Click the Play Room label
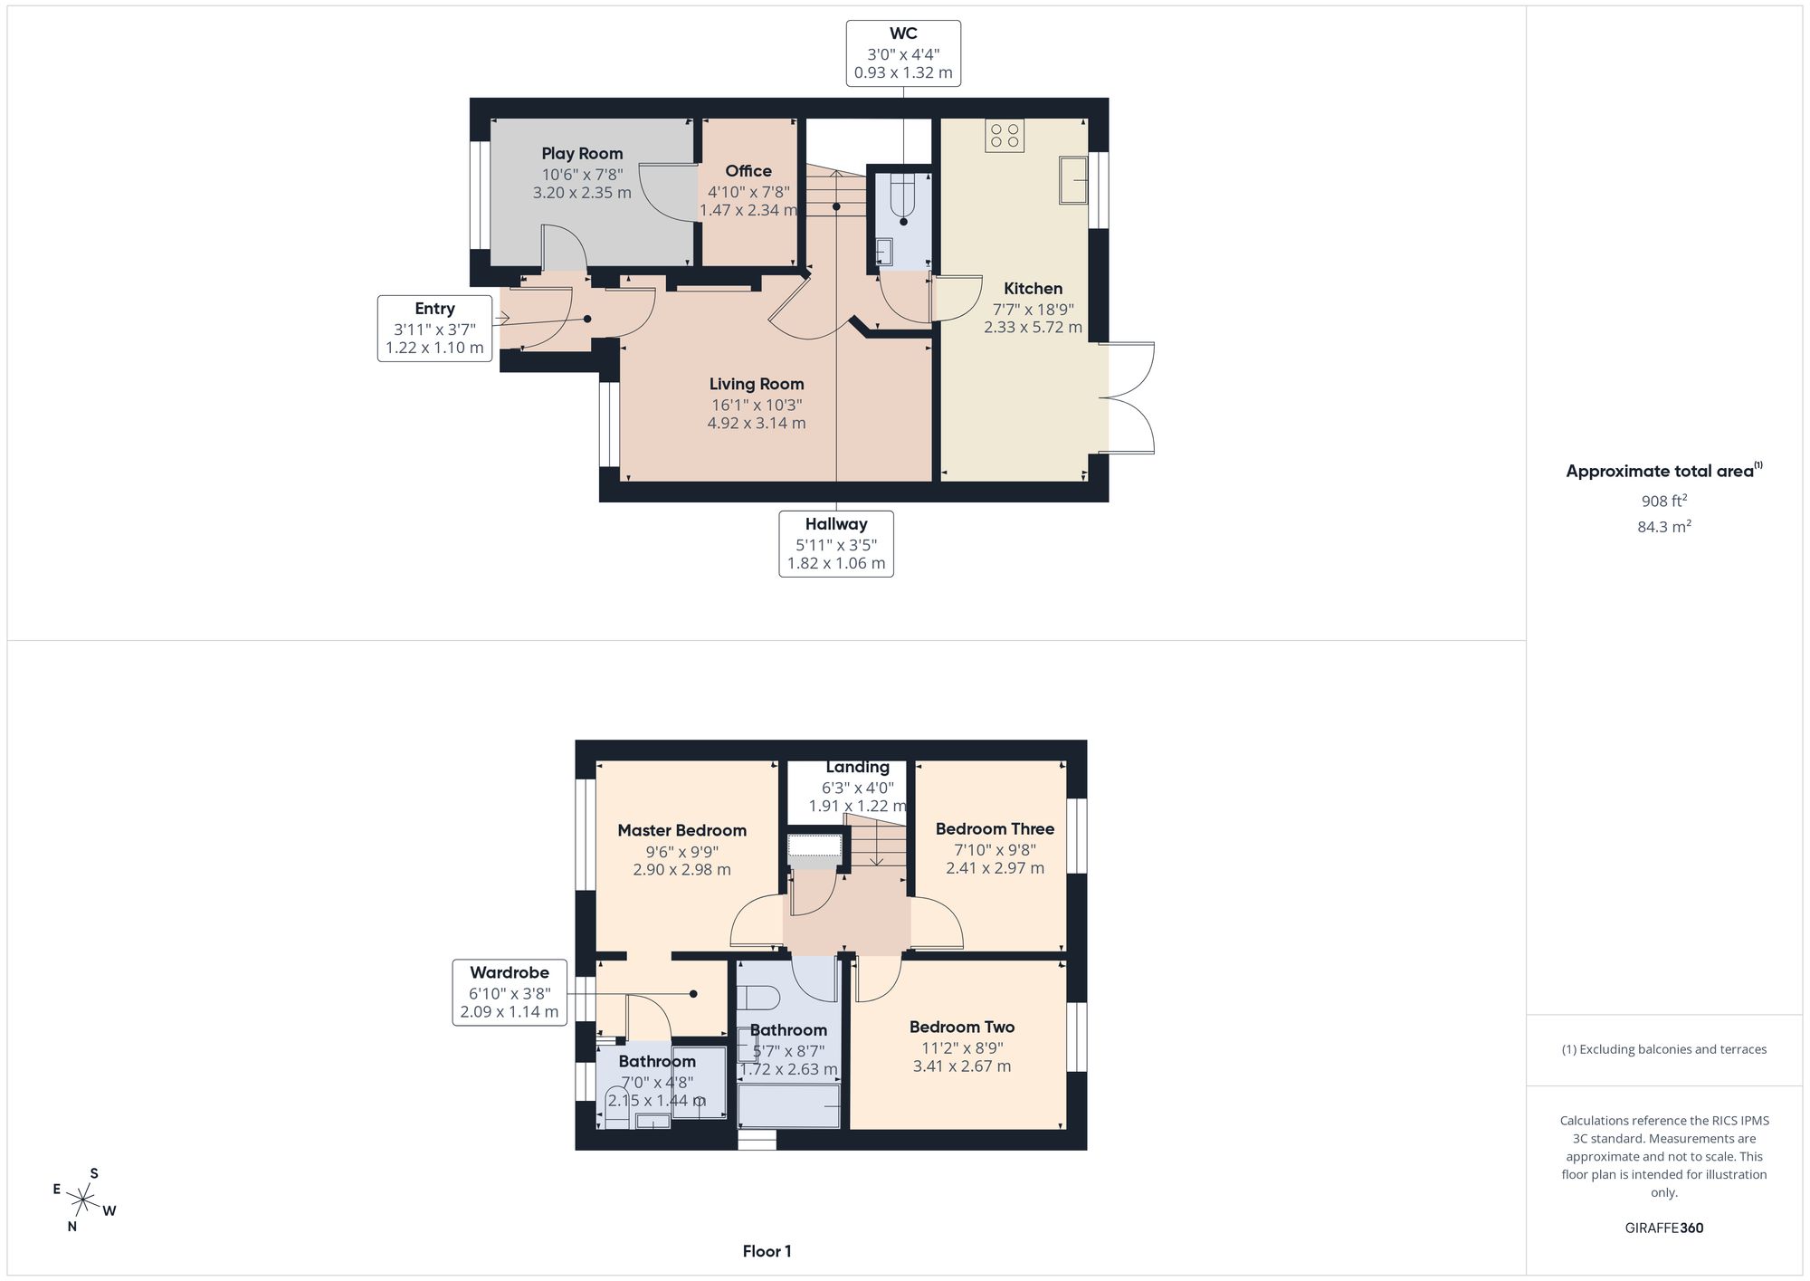point(582,153)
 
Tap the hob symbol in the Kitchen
point(1005,136)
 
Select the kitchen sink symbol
point(1074,180)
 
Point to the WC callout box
point(903,53)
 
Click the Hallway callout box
point(836,544)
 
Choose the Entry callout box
point(434,328)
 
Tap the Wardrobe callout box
point(510,992)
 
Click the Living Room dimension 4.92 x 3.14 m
point(757,423)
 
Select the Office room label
point(748,171)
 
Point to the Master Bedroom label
point(682,830)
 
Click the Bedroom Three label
point(995,828)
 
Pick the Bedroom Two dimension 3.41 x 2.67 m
point(962,1066)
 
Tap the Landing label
point(857,767)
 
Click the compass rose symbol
point(83,1200)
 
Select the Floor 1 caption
point(767,1251)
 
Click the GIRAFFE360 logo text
point(1664,1228)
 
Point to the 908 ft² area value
point(1664,501)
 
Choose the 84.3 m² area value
point(1664,526)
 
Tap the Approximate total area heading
point(1664,470)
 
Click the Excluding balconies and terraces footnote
point(1664,1049)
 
